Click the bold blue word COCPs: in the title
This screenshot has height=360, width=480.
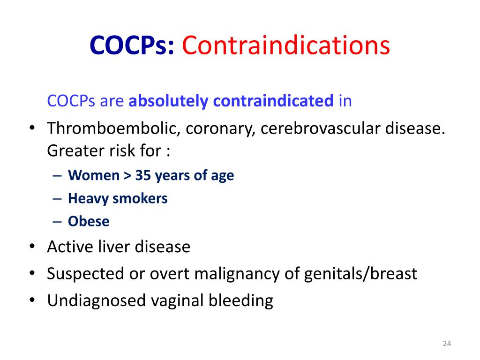[x=132, y=45]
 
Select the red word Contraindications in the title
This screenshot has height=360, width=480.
[x=286, y=45]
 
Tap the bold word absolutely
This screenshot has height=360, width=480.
[x=168, y=101]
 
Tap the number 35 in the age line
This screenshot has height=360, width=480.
[x=143, y=175]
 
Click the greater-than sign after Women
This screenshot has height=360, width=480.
[x=127, y=176]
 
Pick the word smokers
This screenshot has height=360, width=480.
[x=140, y=198]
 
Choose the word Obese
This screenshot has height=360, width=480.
[x=89, y=221]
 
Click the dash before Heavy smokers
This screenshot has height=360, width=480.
[x=57, y=199]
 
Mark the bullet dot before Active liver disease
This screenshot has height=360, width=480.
[x=32, y=247]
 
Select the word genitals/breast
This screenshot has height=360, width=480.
[x=360, y=274]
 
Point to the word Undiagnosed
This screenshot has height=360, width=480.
[x=97, y=300]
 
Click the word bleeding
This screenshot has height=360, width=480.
[x=241, y=300]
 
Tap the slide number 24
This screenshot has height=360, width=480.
[x=447, y=344]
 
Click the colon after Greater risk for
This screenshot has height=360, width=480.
[x=168, y=151]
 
